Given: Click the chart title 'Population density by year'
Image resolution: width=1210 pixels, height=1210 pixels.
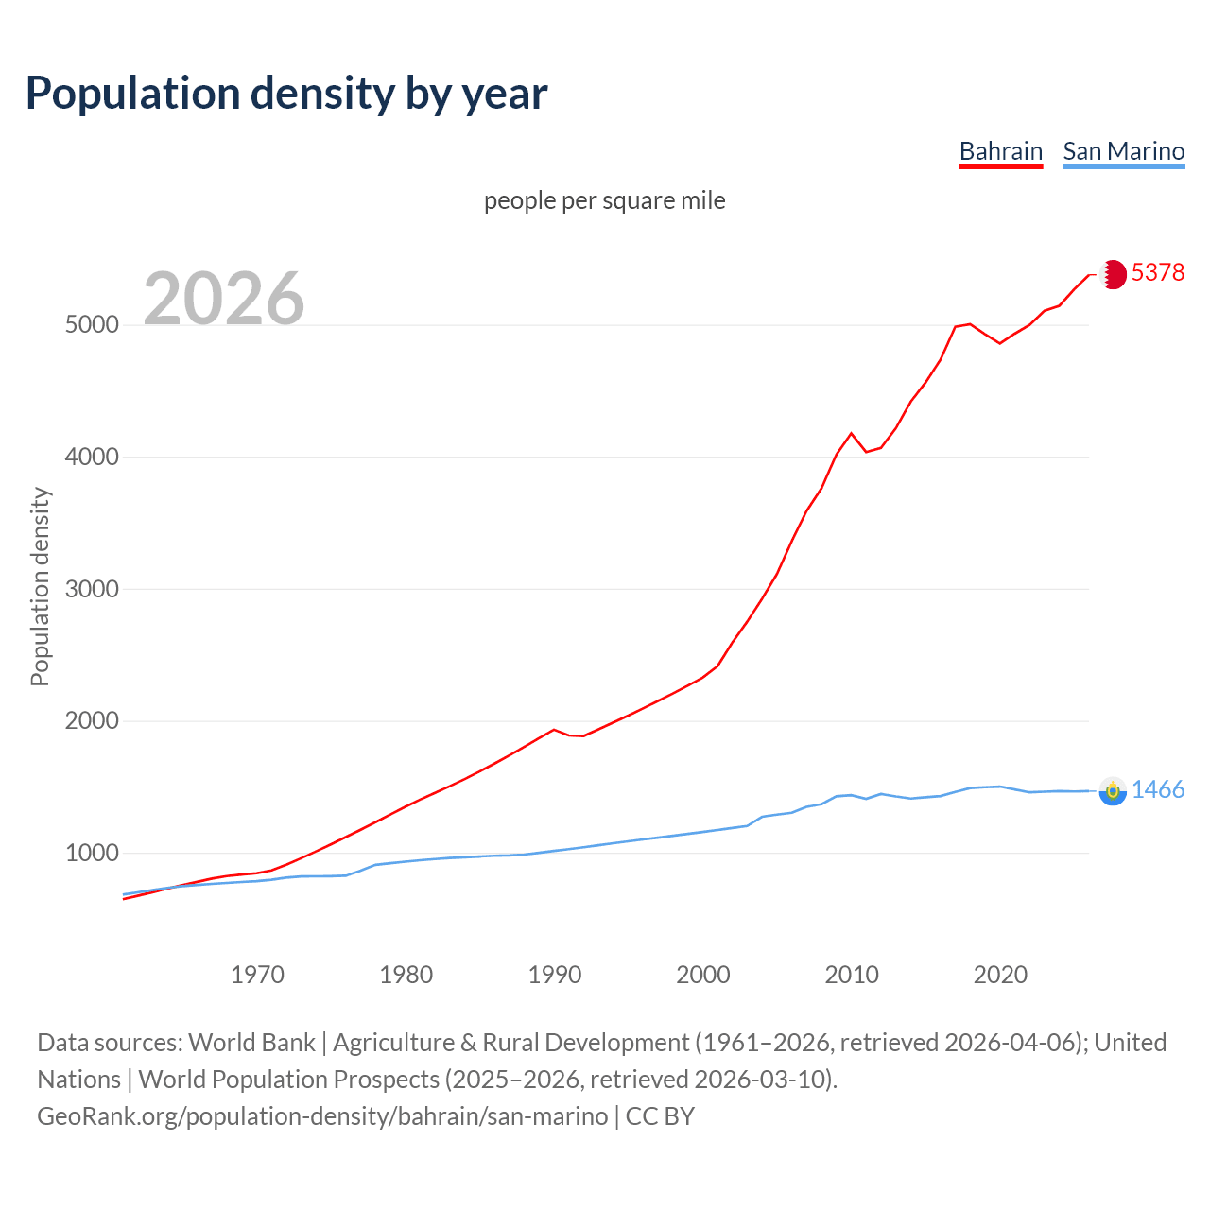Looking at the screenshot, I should click(x=286, y=94).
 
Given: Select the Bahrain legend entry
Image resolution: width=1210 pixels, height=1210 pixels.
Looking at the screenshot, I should click(x=1000, y=151).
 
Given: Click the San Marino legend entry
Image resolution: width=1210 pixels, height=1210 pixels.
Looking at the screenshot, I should click(x=1123, y=151).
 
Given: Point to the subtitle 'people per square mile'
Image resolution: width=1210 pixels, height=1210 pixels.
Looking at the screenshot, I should click(x=604, y=200).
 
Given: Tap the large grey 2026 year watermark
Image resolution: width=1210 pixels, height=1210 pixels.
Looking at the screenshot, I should click(x=224, y=299).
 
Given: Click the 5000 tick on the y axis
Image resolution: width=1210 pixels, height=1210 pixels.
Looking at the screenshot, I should click(x=92, y=325).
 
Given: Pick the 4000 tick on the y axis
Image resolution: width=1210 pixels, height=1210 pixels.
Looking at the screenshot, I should click(x=92, y=458).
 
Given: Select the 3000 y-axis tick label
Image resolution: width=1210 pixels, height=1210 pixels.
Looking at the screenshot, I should click(x=92, y=589).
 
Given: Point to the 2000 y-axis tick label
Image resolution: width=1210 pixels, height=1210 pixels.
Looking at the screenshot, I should click(x=92, y=721).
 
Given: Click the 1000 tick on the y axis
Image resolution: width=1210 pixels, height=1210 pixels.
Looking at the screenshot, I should click(x=92, y=854).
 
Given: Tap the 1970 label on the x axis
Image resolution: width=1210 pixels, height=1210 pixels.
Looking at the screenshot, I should click(x=257, y=975).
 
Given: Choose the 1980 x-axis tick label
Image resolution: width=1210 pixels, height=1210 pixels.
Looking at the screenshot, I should click(x=406, y=975).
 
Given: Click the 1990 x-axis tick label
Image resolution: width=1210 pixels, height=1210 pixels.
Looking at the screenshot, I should click(x=555, y=975).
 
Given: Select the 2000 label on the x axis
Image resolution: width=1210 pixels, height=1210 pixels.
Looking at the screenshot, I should click(x=703, y=975).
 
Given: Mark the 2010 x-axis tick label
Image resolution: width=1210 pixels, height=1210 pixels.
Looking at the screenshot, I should click(x=852, y=975).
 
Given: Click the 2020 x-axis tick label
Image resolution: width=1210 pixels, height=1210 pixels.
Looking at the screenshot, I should click(x=1000, y=975).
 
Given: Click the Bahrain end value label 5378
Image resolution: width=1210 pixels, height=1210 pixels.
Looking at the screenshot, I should click(x=1157, y=272).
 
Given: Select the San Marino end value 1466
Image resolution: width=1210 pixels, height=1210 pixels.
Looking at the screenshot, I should click(x=1157, y=790).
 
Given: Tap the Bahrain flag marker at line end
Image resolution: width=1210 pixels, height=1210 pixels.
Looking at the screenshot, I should click(x=1114, y=274).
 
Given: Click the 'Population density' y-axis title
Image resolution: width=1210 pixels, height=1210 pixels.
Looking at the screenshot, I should click(x=40, y=586).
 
